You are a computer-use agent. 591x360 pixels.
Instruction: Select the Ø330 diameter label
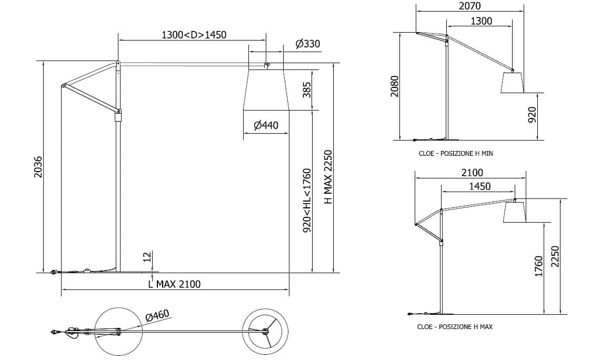[x=308, y=44]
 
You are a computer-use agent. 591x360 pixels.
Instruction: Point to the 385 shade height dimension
[x=307, y=89]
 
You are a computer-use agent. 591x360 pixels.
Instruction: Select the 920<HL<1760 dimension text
[x=307, y=200]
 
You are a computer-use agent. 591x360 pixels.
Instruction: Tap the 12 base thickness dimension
[x=147, y=257]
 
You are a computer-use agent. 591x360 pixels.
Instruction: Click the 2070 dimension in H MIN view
[x=469, y=6]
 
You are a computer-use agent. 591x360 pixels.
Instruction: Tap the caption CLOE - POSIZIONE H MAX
[x=455, y=327]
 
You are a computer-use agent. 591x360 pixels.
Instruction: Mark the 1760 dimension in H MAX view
[x=538, y=267]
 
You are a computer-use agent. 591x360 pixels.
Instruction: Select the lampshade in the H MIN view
[x=512, y=83]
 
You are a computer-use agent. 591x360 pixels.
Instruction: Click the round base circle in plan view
[x=119, y=332]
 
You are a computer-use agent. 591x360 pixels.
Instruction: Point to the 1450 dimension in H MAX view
[x=479, y=186]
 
